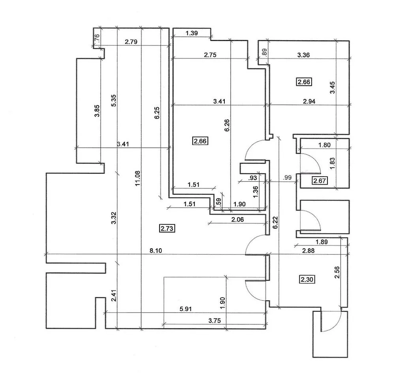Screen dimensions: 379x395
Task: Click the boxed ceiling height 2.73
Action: click(x=167, y=228)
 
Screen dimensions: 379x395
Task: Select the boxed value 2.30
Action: click(x=307, y=280)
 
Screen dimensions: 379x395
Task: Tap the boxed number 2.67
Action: click(x=319, y=181)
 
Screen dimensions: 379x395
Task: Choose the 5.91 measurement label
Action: click(x=185, y=309)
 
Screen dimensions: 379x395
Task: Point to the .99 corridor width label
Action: click(x=287, y=178)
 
